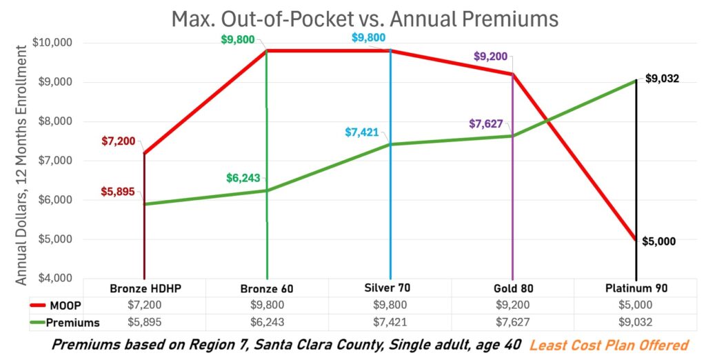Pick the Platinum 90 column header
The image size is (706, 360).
click(x=635, y=288)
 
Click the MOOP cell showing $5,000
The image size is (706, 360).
click(x=635, y=306)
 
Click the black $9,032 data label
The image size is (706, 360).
click(x=663, y=79)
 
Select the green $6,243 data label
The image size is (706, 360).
click(x=243, y=178)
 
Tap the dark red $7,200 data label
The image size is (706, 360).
click(x=119, y=141)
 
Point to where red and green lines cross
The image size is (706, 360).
click(x=549, y=123)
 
